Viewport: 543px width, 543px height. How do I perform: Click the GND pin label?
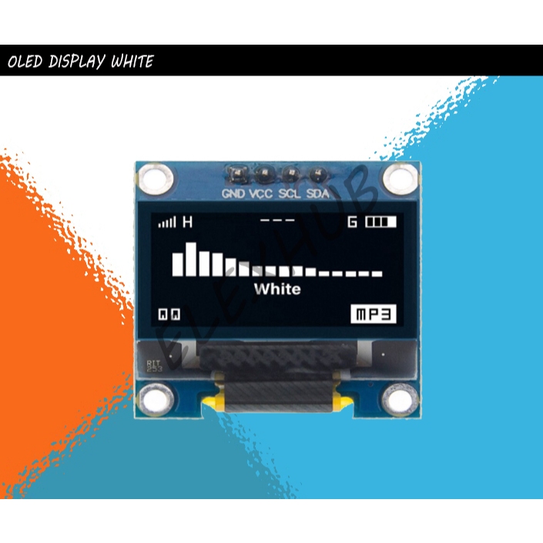233,193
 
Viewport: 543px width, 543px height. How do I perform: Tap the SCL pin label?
290,193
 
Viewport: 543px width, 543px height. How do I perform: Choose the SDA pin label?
317,193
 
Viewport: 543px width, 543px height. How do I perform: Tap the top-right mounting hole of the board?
400,179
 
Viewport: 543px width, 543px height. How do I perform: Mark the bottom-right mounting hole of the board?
400,400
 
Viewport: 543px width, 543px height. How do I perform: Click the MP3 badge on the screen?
374,314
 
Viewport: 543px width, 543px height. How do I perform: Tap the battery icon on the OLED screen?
380,223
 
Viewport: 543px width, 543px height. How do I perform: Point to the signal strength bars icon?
167,223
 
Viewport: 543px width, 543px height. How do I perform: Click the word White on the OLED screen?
277,290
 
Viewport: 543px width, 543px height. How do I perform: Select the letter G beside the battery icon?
353,223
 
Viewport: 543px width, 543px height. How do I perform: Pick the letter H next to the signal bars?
186,223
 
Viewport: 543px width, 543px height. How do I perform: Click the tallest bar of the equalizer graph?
192,259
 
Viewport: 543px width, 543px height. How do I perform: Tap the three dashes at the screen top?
277,220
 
